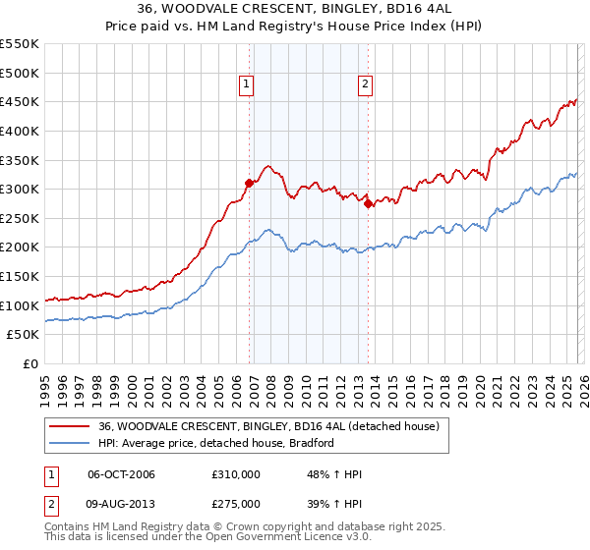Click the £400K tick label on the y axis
tap(21, 131)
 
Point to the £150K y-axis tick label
tap(21, 276)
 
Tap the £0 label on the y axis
tap(30, 363)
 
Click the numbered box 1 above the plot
tap(245, 85)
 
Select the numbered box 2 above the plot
tap(365, 85)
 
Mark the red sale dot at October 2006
tap(249, 183)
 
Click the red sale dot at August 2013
tap(368, 203)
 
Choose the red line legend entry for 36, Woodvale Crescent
tap(274, 426)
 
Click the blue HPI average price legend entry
tap(216, 443)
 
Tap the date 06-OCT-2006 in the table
tap(121, 474)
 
